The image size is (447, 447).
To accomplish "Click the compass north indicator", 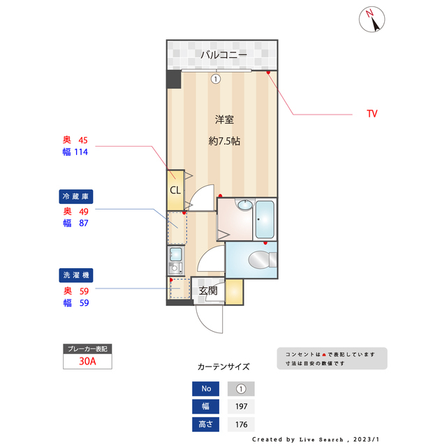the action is click(372, 20).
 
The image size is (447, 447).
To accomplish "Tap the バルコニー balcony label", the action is click(223, 54).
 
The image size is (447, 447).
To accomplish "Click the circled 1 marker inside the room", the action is click(216, 79).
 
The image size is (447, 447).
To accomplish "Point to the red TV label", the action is click(372, 114).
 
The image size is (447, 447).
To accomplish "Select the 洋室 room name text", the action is click(224, 119).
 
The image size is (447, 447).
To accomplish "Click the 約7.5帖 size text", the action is click(224, 141).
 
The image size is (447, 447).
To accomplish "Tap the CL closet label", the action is click(175, 190).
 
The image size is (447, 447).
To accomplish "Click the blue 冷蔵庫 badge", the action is click(76, 196).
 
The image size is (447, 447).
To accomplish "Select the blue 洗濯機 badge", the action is click(76, 275).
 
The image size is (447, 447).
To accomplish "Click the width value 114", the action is click(81, 152).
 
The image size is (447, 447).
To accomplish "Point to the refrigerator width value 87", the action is click(84, 223).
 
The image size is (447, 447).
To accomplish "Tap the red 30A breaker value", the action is click(87, 361).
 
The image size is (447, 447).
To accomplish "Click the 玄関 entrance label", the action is click(208, 291).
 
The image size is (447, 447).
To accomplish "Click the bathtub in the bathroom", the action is click(265, 219).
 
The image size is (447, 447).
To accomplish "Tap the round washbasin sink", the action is click(245, 205).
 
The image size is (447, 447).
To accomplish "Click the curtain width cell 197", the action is click(241, 406).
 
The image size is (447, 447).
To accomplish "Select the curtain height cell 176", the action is click(241, 425).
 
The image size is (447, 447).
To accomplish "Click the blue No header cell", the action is click(205, 389).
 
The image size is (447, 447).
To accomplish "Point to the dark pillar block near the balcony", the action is click(174, 79).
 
